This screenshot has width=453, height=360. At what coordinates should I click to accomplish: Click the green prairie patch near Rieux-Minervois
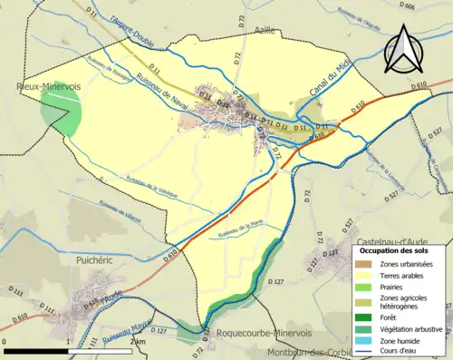click(x=61, y=115)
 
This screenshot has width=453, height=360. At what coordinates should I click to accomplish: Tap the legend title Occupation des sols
click(x=400, y=249)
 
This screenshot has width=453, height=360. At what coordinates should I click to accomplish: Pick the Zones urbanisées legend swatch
click(x=366, y=263)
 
